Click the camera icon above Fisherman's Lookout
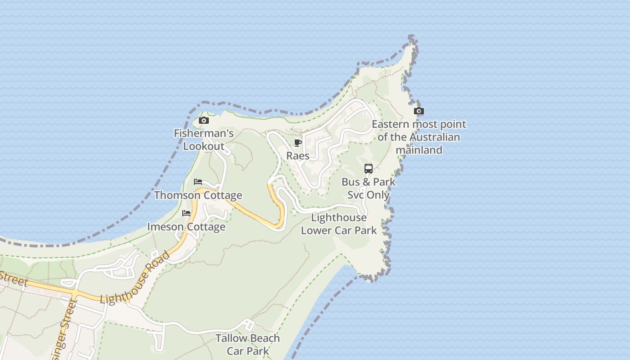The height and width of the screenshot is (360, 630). click(x=204, y=120)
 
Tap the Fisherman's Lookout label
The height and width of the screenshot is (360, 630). click(x=204, y=139)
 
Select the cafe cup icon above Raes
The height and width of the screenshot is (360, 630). click(x=297, y=143)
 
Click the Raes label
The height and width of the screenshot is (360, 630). click(x=298, y=156)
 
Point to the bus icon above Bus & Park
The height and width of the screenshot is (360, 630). click(x=369, y=169)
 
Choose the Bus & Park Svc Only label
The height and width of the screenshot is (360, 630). click(x=369, y=188)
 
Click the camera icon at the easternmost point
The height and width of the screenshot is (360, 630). click(x=419, y=111)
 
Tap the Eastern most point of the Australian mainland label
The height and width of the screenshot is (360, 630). click(x=419, y=137)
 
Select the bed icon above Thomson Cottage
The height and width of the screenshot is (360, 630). click(x=198, y=182)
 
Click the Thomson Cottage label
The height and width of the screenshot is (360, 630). click(x=198, y=195)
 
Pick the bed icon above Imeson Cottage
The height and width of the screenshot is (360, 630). click(x=186, y=213)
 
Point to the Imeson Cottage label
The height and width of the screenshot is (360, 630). click(x=186, y=226)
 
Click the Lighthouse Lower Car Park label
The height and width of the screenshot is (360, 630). click(x=339, y=224)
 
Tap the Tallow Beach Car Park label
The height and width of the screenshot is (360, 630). click(x=247, y=344)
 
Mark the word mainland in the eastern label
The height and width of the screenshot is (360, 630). click(x=419, y=150)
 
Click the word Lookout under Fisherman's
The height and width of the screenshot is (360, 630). click(x=204, y=146)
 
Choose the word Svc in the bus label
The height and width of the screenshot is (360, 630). click(x=356, y=195)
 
